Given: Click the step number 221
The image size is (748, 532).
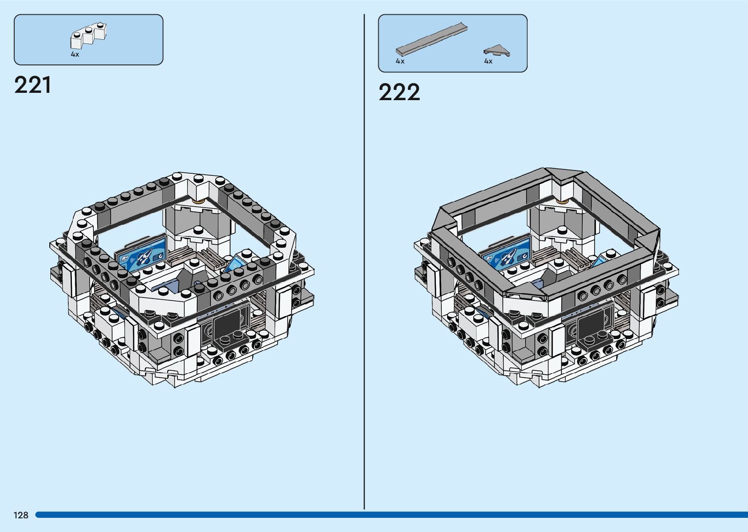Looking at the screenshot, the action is coord(33,85).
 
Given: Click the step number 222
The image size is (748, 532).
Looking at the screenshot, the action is coord(399,92).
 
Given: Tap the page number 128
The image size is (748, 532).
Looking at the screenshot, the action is coord(21,515).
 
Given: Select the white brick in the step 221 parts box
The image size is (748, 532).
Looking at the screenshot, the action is coord(88,35).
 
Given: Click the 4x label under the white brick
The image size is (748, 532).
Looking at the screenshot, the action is coord(75,54).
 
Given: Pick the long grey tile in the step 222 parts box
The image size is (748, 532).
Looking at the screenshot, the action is coord(431,40).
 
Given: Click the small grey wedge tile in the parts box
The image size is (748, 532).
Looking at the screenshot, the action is coord(496,50).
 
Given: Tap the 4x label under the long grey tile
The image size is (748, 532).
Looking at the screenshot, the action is coord(400,61).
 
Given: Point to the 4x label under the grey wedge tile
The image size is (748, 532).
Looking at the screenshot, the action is coord(488,61).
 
